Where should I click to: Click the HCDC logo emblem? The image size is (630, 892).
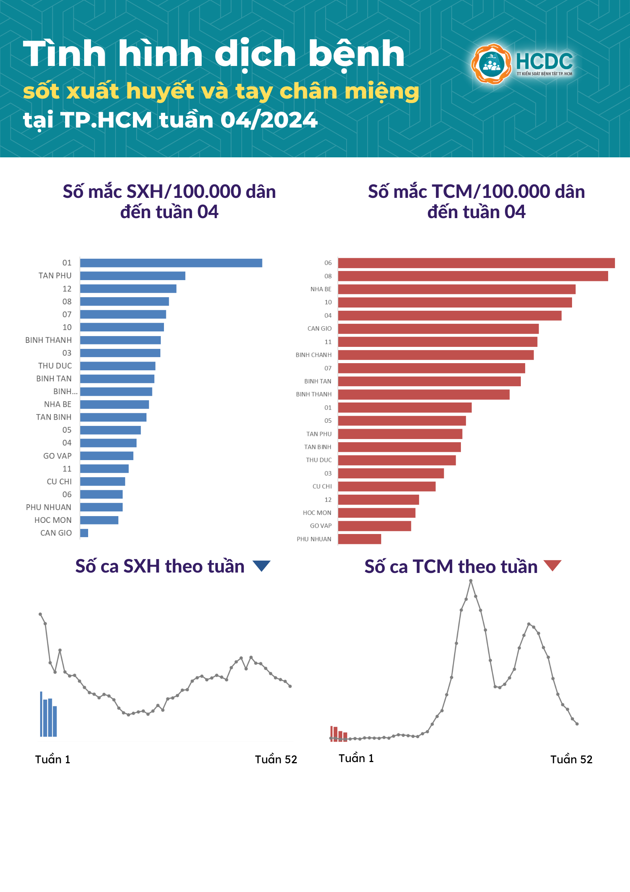(491, 64)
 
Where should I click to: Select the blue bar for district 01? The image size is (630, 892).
(171, 263)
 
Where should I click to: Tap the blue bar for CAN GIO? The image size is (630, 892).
(84, 533)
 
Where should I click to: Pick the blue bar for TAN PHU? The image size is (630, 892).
(133, 276)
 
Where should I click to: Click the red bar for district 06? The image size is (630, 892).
(476, 263)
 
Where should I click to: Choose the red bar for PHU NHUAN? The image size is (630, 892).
(359, 539)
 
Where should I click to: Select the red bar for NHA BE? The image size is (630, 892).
(457, 289)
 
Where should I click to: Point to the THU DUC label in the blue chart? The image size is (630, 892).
(55, 366)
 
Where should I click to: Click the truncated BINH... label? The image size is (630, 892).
(66, 392)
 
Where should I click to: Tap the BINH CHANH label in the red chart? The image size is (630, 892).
(313, 355)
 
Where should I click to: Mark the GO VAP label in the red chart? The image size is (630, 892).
(320, 526)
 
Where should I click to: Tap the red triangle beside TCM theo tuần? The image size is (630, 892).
(552, 565)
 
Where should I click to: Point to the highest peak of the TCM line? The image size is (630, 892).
(471, 581)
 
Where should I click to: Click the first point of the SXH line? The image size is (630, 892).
(40, 614)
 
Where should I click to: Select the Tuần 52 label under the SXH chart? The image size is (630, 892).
(276, 760)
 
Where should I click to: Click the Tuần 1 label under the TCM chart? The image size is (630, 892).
(356, 758)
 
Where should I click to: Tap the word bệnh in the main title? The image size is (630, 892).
(356, 54)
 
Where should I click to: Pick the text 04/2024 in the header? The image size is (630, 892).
(269, 120)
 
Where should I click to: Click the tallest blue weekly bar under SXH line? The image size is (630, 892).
(41, 714)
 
